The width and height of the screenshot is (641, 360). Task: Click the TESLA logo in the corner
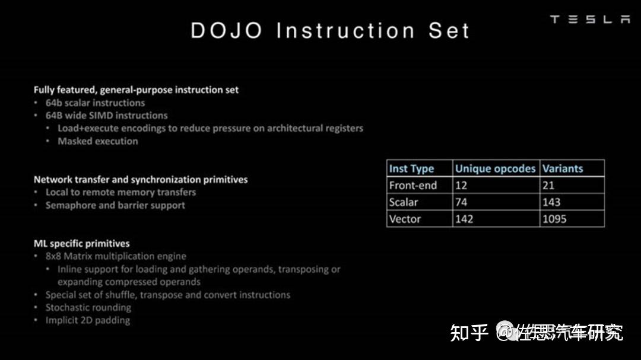[x=589, y=20]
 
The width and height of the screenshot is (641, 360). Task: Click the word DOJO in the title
[x=226, y=31]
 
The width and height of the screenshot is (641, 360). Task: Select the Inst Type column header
[x=411, y=168]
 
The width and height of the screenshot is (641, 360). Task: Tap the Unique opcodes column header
[x=495, y=168]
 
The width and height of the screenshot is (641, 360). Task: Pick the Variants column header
[x=562, y=168]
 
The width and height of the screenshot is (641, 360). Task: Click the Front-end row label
[x=412, y=185]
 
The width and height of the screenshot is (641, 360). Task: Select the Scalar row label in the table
[x=404, y=202]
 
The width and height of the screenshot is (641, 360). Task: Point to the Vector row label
[x=405, y=219]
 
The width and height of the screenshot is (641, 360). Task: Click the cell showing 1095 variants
[x=554, y=219]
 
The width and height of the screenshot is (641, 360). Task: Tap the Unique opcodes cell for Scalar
[x=461, y=202]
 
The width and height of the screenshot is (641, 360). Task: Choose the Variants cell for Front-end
[x=548, y=185]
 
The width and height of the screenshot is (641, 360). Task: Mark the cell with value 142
[x=464, y=219]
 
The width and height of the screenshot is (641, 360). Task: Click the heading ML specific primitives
[x=81, y=243]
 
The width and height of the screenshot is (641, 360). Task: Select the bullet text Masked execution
[x=97, y=141]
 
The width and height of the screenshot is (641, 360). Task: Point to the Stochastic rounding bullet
[x=88, y=307]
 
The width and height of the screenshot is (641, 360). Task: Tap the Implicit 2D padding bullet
[x=87, y=320]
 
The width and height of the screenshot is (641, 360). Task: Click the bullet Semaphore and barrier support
[x=115, y=205]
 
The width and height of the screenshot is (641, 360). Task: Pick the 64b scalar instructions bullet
[x=95, y=103]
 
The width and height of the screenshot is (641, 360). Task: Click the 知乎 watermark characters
[x=469, y=332]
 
